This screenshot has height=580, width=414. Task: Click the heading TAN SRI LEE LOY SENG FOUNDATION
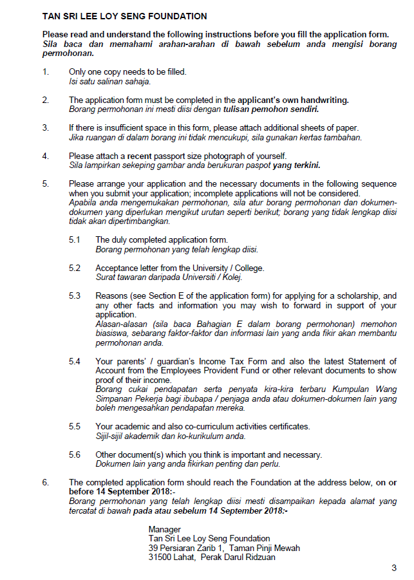point(124,16)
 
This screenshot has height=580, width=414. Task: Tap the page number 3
point(394,568)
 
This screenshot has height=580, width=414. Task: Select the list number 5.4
point(75,362)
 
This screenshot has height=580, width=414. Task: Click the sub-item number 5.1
point(75,239)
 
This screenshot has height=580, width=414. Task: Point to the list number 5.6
point(75,454)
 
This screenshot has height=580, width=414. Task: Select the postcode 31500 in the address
point(161,557)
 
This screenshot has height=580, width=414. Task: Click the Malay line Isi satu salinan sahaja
point(109,81)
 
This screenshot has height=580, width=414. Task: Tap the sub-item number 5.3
point(75,295)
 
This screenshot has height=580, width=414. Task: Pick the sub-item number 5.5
point(75,426)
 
